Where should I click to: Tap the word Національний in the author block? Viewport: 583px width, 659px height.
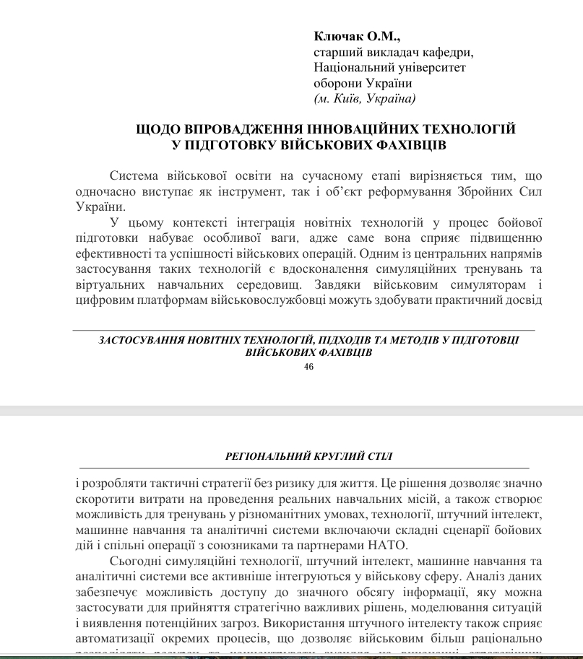coord(350,67)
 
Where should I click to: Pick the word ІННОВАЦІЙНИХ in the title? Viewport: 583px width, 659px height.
coord(350,129)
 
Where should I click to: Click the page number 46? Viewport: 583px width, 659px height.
coord(309,367)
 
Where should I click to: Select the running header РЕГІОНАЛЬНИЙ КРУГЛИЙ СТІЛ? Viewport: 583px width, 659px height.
coord(309,455)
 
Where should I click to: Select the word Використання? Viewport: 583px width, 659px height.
coord(304,622)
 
